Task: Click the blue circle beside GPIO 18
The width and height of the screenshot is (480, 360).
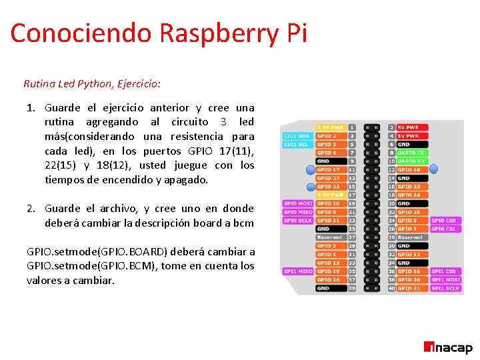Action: point(433,169)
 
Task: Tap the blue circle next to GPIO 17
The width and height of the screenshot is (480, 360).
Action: point(311,169)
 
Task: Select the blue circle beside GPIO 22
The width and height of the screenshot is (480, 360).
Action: point(311,187)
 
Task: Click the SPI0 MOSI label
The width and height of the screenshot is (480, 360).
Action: point(297,203)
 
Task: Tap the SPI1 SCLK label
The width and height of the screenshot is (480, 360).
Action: point(445,288)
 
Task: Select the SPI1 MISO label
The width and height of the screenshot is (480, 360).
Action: point(297,271)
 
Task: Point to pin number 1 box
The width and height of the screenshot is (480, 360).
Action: point(352,127)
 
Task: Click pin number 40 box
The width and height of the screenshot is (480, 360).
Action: point(391,288)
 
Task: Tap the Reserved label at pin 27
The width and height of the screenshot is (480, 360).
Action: point(330,237)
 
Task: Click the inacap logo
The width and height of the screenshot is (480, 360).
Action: point(448,347)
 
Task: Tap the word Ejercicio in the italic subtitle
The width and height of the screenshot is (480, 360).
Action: point(138,84)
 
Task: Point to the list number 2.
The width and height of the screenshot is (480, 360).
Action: point(31,208)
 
